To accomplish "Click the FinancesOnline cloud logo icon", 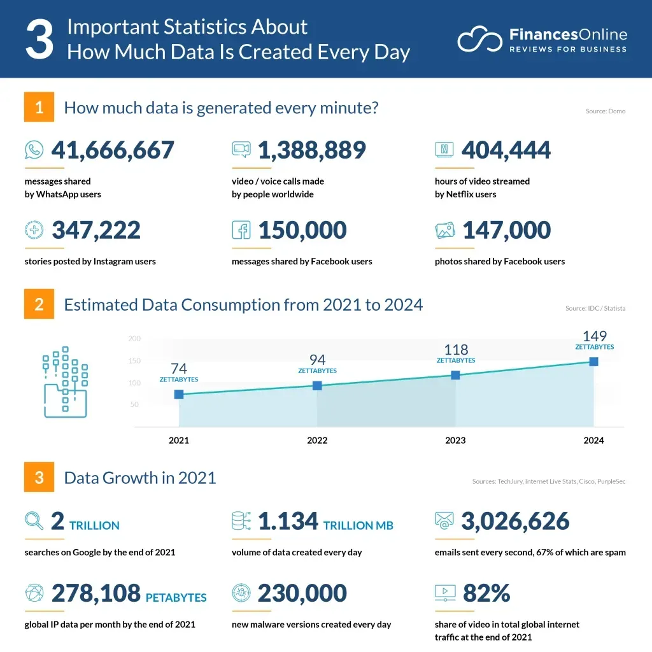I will (480, 39).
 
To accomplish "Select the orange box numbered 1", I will (39, 107).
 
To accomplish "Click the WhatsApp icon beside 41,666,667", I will (34, 150).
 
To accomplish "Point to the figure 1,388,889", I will (312, 150).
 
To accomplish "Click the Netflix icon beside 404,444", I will (444, 150).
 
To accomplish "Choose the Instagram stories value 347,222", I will (96, 230).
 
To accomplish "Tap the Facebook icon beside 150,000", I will (241, 230).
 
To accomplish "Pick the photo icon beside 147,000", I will (444, 230).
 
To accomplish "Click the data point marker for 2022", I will (317, 385).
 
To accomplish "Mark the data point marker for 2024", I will (593, 362).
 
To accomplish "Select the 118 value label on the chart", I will (456, 350).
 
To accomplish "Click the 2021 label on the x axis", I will (179, 440).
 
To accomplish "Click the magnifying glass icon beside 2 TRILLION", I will (34, 521).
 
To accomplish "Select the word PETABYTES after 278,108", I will (176, 598).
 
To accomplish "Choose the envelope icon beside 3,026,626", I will (444, 521).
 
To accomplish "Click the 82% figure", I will (486, 593).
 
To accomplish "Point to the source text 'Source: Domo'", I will (605, 111).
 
